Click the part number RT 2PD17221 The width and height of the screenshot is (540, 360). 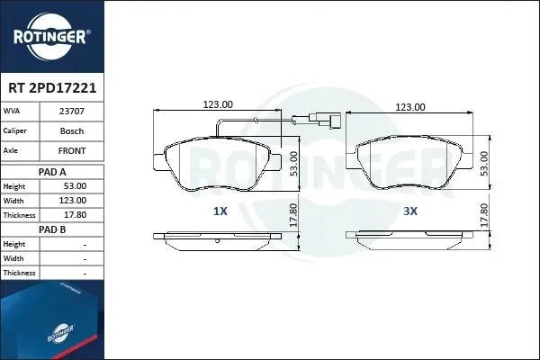pyautogui.click(x=52, y=88)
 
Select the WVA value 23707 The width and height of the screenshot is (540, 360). pyautogui.click(x=72, y=112)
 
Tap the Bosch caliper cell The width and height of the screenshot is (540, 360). pyautogui.click(x=72, y=130)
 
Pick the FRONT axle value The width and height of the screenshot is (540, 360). pyautogui.click(x=72, y=150)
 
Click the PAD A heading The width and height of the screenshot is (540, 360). pyautogui.click(x=52, y=172)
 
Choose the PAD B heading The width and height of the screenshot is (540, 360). pyautogui.click(x=52, y=229)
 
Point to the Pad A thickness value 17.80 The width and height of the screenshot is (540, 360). pyautogui.click(x=76, y=215)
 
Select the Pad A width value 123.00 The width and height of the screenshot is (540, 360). pyautogui.click(x=73, y=201)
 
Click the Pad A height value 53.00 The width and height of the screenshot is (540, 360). pyautogui.click(x=76, y=186)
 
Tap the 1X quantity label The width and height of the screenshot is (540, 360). pyautogui.click(x=220, y=211)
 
